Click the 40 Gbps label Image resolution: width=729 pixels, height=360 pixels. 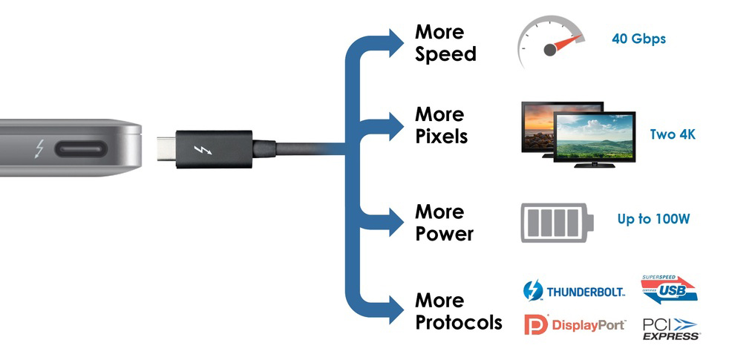tap(638, 39)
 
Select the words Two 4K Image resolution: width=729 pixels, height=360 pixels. tap(672, 134)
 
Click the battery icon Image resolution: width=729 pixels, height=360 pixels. tap(557, 222)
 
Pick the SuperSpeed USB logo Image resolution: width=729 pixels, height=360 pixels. tap(669, 289)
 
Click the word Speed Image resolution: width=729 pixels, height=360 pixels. tap(445, 55)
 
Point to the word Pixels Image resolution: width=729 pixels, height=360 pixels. tap(441, 137)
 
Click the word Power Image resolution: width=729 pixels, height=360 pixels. tap(444, 235)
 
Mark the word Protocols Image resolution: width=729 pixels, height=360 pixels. tap(458, 323)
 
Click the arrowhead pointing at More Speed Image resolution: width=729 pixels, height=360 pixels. tap(396, 38)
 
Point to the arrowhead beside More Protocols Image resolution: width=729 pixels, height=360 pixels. tap(396, 306)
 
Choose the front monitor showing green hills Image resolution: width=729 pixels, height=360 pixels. tap(595, 137)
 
